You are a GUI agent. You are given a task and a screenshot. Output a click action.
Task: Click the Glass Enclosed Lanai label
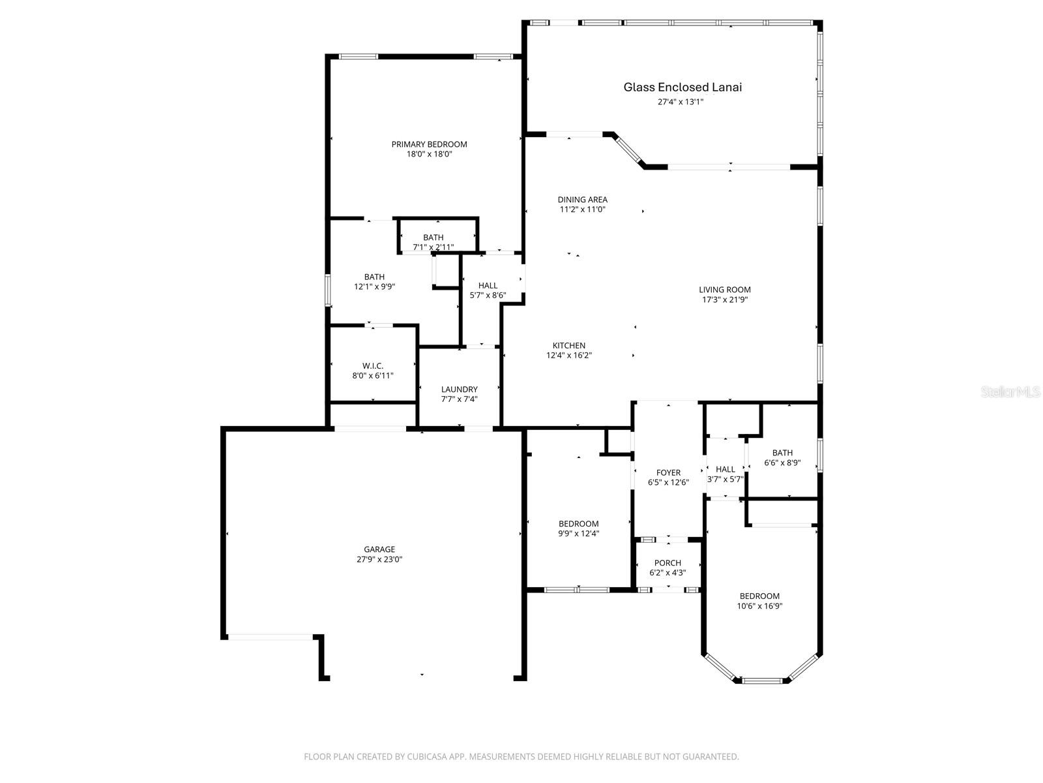(x=683, y=87)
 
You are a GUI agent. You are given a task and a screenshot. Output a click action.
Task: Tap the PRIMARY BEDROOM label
(x=429, y=144)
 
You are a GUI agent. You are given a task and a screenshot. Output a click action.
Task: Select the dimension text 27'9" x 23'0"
(x=379, y=559)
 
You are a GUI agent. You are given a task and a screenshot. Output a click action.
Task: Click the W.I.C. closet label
(x=373, y=366)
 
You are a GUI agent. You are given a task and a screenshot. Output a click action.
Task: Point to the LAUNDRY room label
(x=459, y=390)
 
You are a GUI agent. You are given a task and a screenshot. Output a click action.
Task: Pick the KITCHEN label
(x=569, y=346)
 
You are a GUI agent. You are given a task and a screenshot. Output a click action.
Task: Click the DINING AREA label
(x=582, y=200)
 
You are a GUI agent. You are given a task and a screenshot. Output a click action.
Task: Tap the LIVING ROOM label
(x=725, y=290)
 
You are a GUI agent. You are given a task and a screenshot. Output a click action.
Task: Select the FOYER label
(x=668, y=473)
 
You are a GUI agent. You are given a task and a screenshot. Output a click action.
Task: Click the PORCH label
(x=668, y=563)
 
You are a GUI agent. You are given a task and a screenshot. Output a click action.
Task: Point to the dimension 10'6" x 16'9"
(x=759, y=606)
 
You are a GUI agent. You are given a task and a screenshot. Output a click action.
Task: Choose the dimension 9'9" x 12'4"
(x=578, y=534)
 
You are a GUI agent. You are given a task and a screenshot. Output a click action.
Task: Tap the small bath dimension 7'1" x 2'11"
(x=433, y=247)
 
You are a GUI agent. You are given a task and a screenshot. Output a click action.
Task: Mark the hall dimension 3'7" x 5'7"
(x=725, y=479)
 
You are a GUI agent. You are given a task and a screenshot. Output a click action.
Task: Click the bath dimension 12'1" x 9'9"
(x=374, y=286)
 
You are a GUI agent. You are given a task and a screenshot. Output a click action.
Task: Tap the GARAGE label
(x=379, y=549)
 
